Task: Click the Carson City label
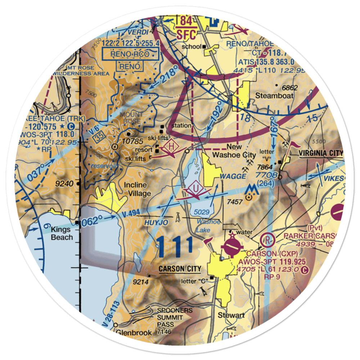(x=180, y=269)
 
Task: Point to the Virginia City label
(x=321, y=153)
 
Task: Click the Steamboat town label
(x=274, y=96)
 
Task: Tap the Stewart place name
(x=231, y=315)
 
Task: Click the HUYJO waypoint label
(x=156, y=223)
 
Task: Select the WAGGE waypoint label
(x=233, y=176)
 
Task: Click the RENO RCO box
(x=130, y=55)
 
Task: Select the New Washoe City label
(x=234, y=151)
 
